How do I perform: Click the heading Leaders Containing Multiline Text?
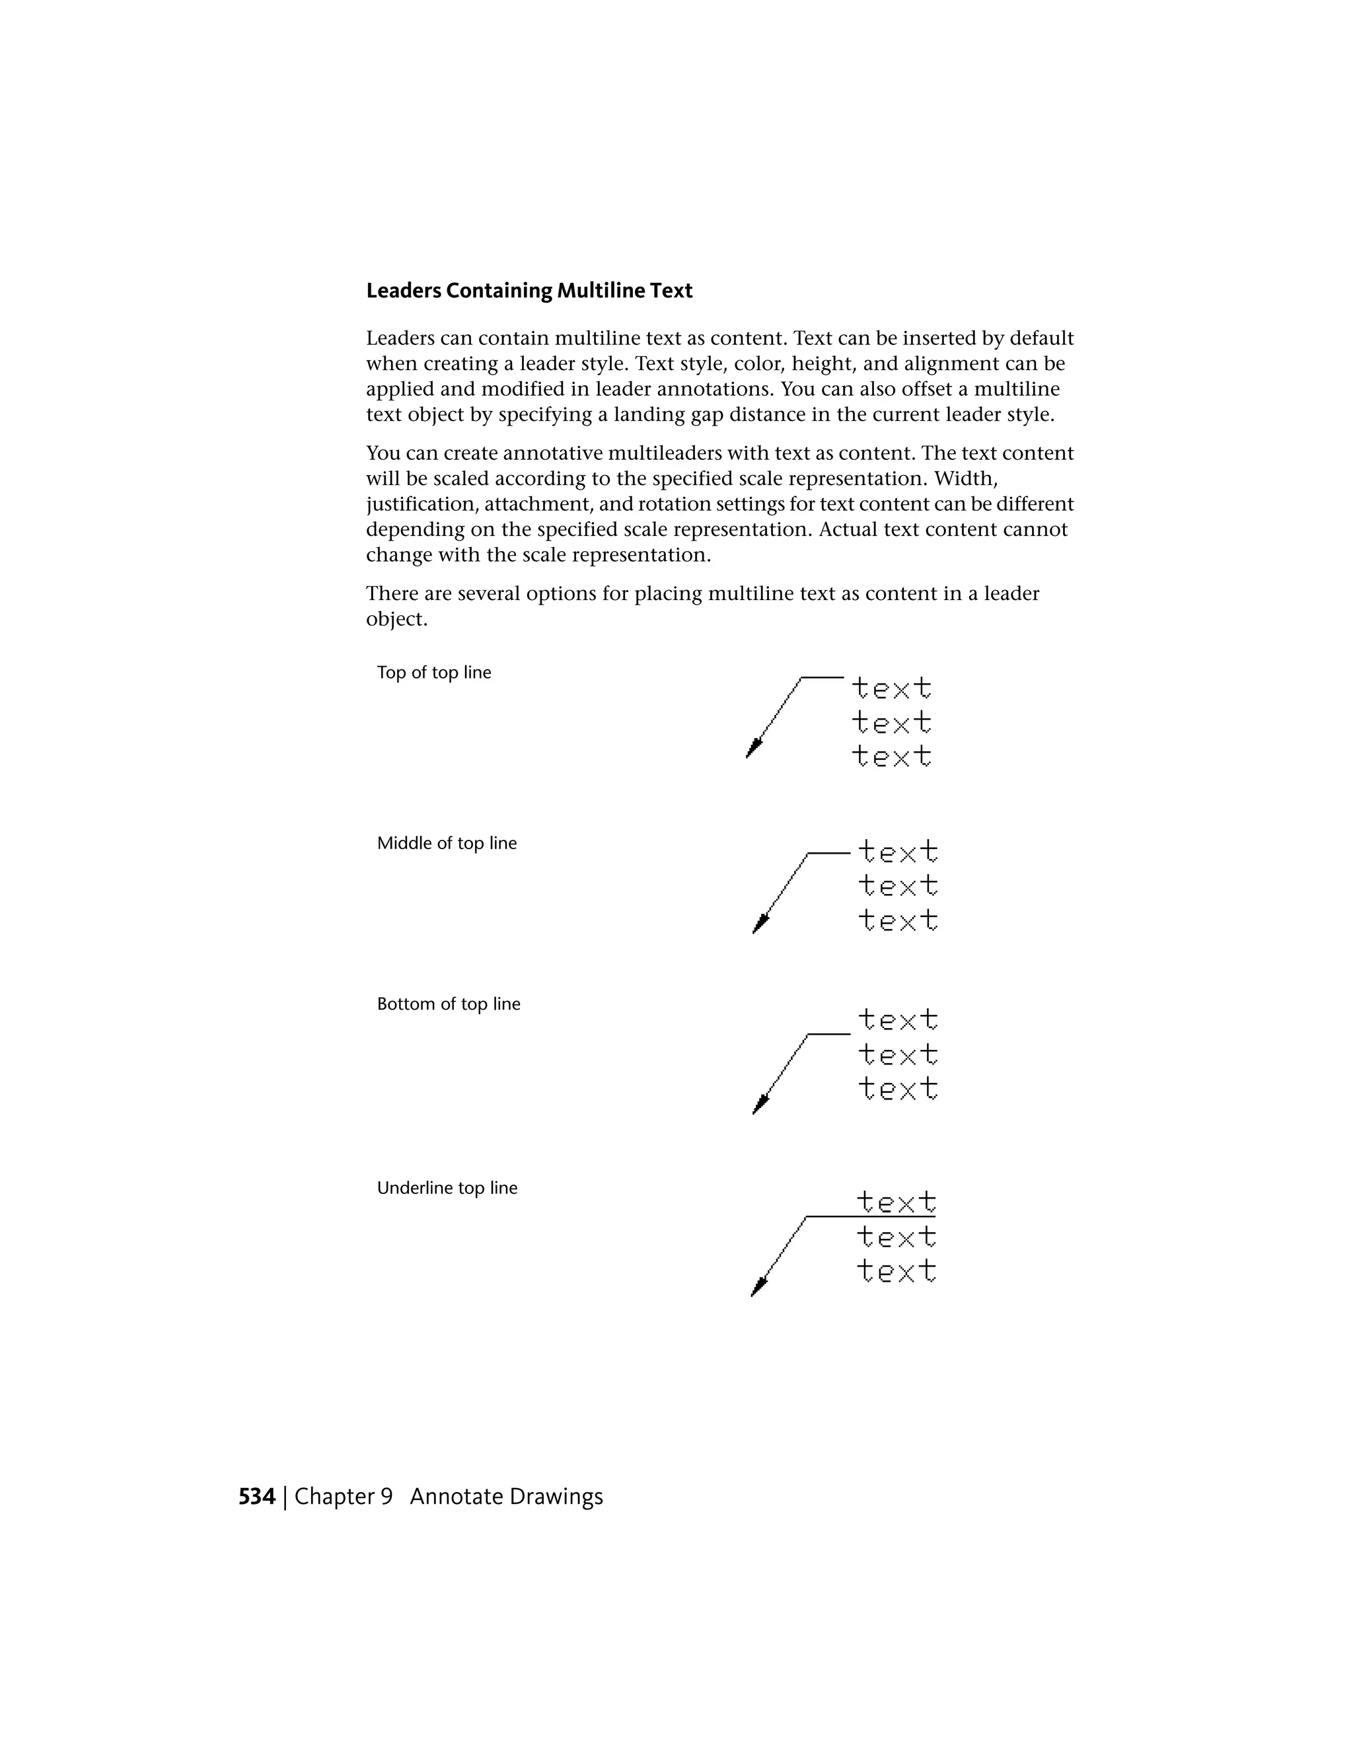coord(529,290)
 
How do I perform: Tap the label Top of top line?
coord(433,673)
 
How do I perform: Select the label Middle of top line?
coord(447,843)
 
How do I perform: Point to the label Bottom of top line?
coord(448,1004)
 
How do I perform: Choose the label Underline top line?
coord(447,1187)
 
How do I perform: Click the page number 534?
coord(256,1497)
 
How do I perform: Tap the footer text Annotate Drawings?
coord(506,1497)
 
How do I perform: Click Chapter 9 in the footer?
coord(343,1497)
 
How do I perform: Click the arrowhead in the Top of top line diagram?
coord(753,749)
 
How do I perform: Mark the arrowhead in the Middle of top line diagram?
coord(760,924)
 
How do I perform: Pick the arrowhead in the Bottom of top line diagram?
coord(760,1105)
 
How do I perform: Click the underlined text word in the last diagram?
coord(896,1202)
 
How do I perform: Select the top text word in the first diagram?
coord(891,688)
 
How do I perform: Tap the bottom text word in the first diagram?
coord(891,756)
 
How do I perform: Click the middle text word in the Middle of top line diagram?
coord(898,886)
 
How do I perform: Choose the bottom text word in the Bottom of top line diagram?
coord(898,1089)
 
